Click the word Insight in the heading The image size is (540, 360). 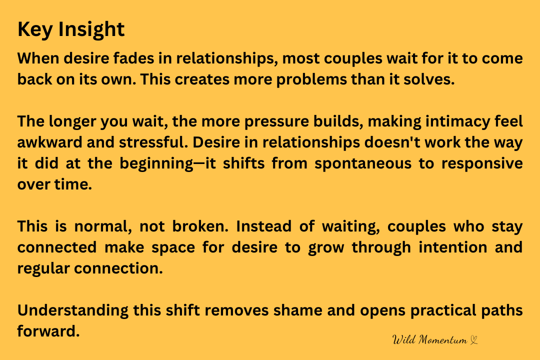[91, 29]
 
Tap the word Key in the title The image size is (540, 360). [35, 29]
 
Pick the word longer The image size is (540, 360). [72, 121]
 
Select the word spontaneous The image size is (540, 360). [363, 164]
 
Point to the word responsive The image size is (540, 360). [482, 164]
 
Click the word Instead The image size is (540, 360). [264, 226]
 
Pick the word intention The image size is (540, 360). [453, 247]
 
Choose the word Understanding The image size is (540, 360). [73, 310]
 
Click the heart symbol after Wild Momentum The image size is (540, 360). [474, 340]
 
